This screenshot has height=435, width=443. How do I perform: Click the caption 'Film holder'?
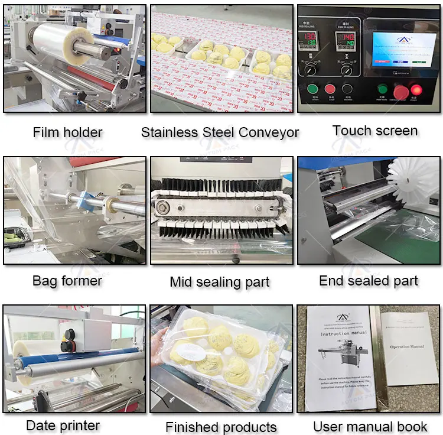tap(67, 132)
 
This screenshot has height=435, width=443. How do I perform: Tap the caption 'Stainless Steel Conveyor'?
tap(220, 132)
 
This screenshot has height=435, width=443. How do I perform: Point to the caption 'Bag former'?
tap(67, 281)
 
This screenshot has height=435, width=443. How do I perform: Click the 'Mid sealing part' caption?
tap(220, 282)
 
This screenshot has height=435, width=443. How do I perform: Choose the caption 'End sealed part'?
tap(369, 281)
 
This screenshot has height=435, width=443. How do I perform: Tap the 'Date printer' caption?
tap(63, 425)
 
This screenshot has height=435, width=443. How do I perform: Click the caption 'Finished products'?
tap(221, 427)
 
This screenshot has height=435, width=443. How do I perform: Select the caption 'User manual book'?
tap(370, 426)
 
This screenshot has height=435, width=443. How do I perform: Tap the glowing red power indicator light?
tap(417, 90)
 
